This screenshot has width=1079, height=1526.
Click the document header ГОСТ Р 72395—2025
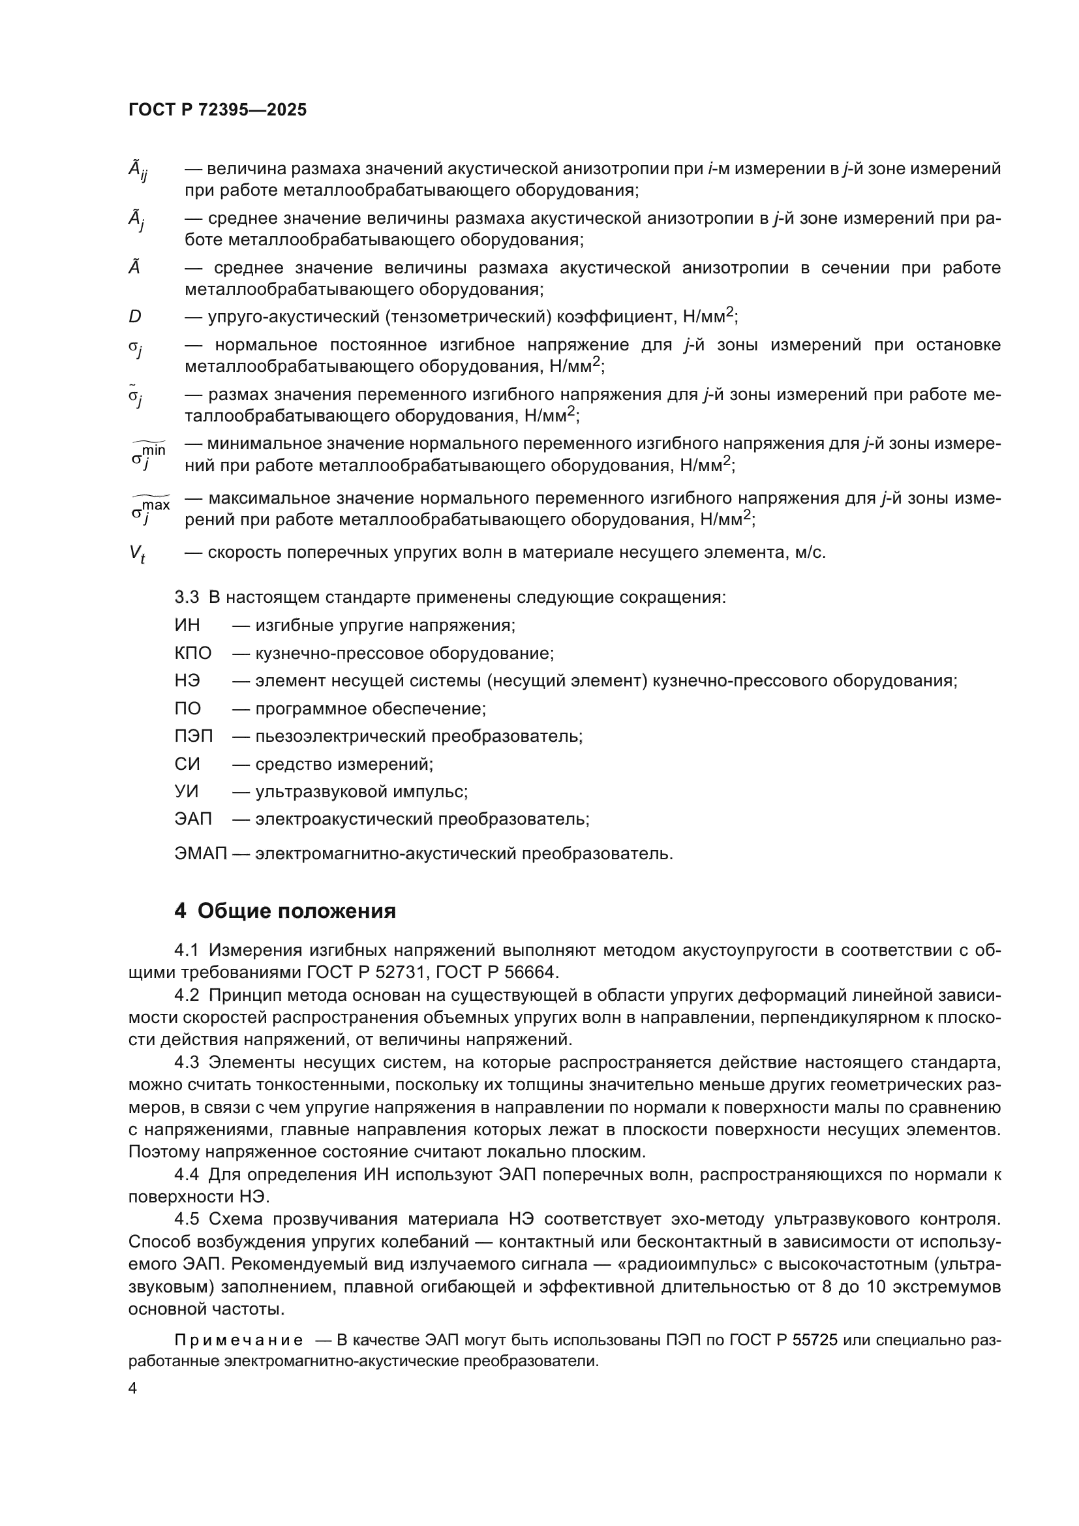(x=217, y=110)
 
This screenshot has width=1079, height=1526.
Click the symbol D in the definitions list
(x=135, y=317)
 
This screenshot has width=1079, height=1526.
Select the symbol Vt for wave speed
(x=137, y=553)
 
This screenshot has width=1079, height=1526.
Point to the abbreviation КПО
(x=192, y=653)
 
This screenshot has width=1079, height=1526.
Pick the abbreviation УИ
(x=187, y=791)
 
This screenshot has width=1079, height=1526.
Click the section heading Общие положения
(x=296, y=911)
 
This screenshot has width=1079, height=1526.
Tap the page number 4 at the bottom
(x=133, y=1388)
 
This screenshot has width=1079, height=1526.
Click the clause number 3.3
(x=187, y=597)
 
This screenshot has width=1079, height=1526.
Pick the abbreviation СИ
(x=187, y=764)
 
